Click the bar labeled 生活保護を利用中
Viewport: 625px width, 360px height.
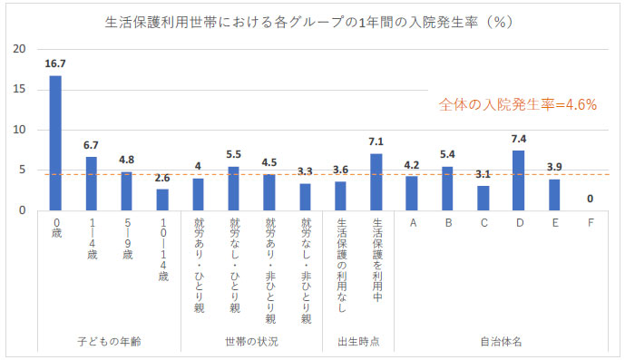click(x=376, y=182)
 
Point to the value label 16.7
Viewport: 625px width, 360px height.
click(x=55, y=65)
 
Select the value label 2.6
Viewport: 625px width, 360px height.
click(x=162, y=180)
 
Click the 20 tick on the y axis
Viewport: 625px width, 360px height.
click(x=21, y=49)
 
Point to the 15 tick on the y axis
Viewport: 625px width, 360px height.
click(x=21, y=90)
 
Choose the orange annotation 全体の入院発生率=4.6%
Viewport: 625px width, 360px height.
click(x=517, y=104)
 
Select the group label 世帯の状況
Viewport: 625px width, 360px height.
click(x=251, y=342)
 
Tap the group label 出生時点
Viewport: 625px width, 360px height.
click(x=358, y=342)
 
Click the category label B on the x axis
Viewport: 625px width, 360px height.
click(x=447, y=221)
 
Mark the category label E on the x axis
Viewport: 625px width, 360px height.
click(x=553, y=221)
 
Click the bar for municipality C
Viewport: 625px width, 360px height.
click(x=483, y=198)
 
